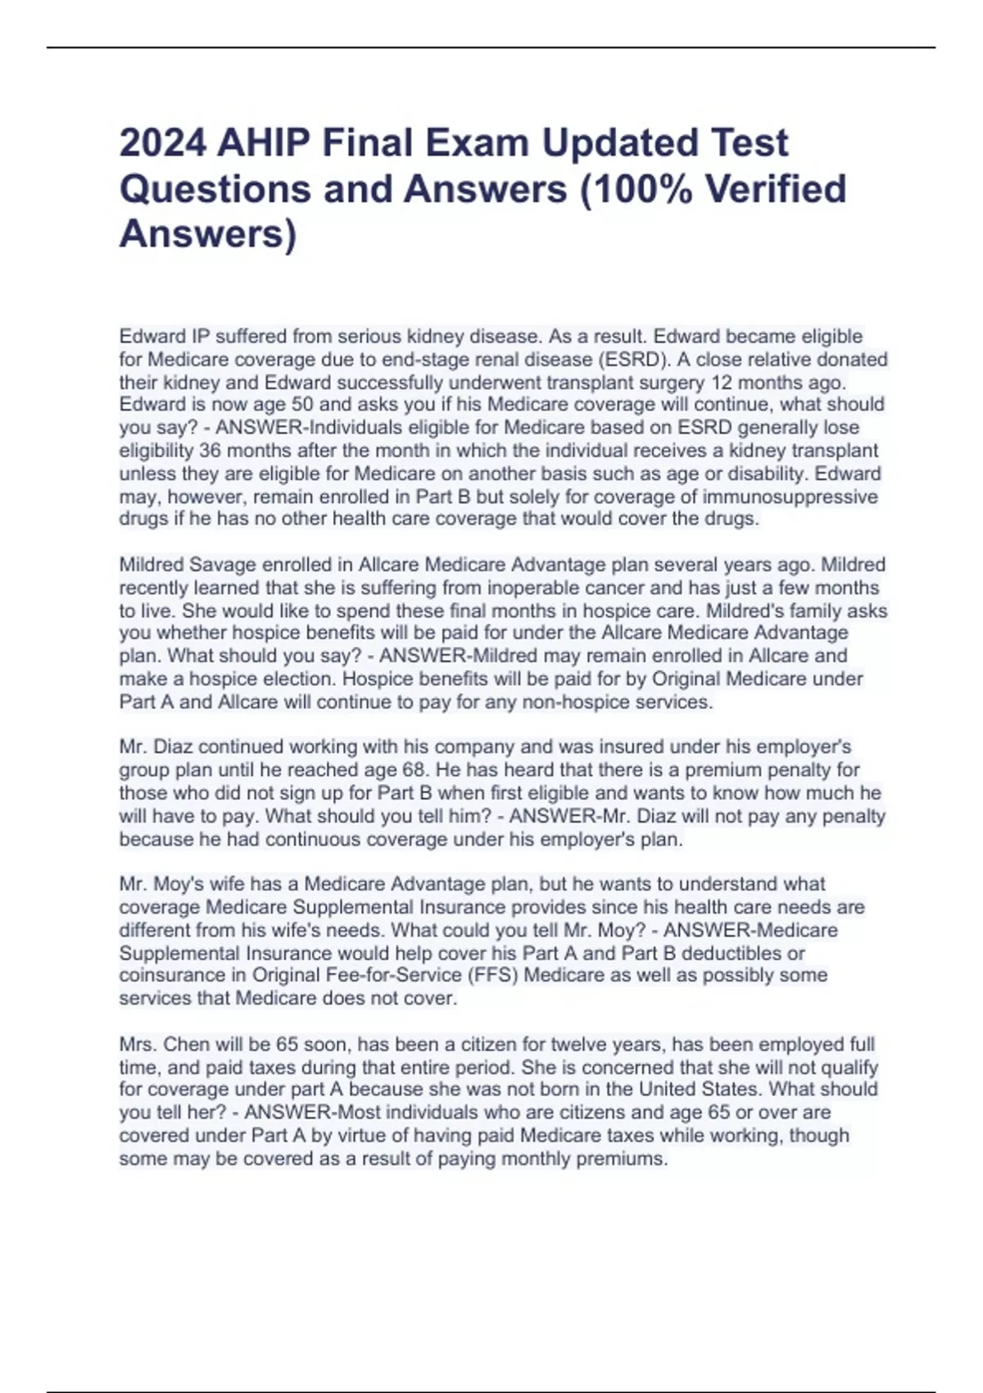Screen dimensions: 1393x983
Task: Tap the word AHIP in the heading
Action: pos(263,143)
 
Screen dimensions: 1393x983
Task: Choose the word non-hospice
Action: pos(573,702)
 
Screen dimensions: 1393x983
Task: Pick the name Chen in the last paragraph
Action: pos(186,1045)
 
